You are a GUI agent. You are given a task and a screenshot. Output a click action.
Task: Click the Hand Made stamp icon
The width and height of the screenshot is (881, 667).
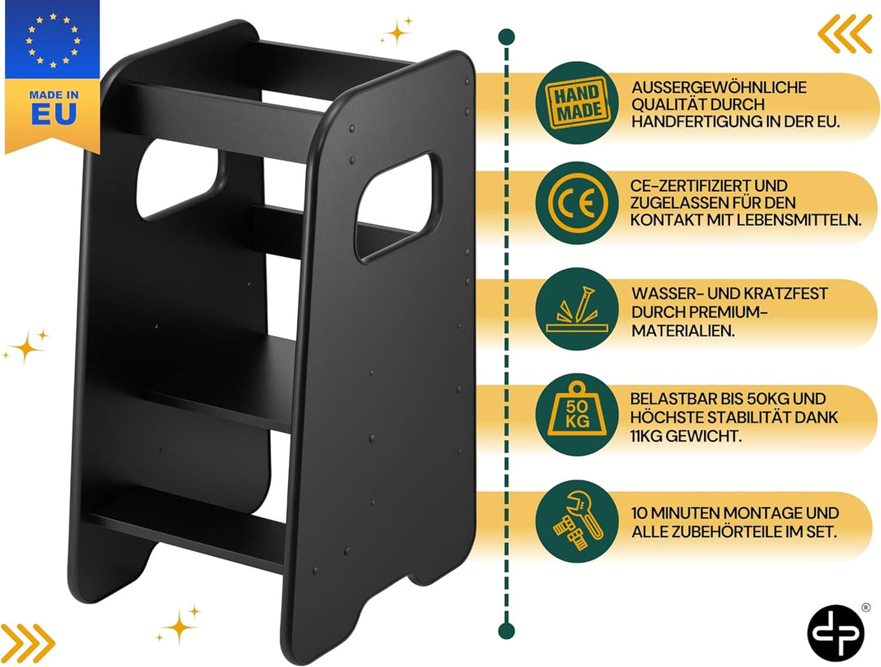(x=577, y=103)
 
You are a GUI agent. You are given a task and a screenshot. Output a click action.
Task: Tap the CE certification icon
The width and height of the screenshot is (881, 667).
(x=577, y=203)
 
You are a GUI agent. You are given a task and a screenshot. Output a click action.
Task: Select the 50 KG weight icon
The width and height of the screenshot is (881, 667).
(x=577, y=414)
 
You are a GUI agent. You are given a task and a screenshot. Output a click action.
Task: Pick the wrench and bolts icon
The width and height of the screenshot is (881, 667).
(x=577, y=521)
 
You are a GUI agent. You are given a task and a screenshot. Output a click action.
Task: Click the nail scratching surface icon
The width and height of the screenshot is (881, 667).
(x=577, y=309)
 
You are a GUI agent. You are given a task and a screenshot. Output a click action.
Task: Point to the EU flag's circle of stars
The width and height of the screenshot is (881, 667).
(x=53, y=41)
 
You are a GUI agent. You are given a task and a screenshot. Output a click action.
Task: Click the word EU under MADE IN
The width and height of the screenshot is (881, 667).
(x=54, y=114)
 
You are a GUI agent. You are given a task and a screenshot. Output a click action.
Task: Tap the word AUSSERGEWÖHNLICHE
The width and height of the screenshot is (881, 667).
(x=719, y=87)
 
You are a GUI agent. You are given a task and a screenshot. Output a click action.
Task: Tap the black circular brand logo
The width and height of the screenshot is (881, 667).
(x=835, y=633)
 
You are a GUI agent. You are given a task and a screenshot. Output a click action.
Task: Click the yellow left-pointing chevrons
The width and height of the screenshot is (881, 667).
(x=844, y=33)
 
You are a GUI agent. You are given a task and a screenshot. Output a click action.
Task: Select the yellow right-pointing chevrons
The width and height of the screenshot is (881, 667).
(x=27, y=642)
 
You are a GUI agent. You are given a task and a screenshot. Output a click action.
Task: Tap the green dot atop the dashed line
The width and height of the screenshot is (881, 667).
(x=507, y=37)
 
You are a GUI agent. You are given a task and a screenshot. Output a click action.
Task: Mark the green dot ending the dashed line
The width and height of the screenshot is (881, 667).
(x=507, y=630)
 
